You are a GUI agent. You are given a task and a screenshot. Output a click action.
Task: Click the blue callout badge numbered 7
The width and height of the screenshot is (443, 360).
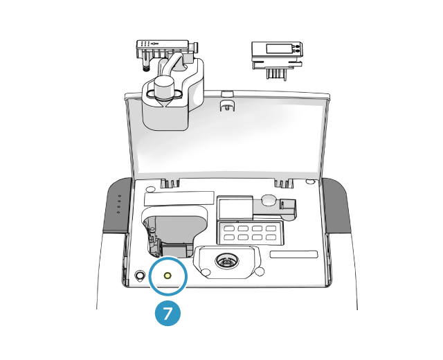(x=168, y=313)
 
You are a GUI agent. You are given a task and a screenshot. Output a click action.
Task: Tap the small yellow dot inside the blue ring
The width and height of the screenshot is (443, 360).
(x=167, y=276)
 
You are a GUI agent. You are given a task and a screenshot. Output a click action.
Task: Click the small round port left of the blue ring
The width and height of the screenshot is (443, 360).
(x=141, y=276)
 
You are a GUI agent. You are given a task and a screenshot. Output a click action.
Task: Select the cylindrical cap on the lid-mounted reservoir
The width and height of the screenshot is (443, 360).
(x=164, y=88)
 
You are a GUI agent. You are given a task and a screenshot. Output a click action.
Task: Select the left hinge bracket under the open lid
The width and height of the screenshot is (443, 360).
(x=170, y=183)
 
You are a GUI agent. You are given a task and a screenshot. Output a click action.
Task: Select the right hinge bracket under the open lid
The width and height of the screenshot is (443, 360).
(x=282, y=183)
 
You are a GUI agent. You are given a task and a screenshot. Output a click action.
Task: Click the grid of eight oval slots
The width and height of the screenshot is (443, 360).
(x=250, y=232)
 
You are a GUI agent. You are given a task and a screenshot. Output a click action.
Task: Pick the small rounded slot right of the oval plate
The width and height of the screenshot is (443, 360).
(x=293, y=254)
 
